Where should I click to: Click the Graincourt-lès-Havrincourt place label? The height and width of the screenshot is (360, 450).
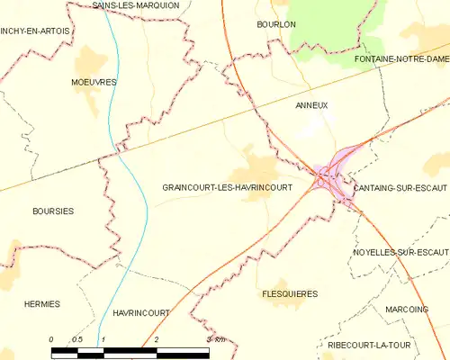pos(227,187)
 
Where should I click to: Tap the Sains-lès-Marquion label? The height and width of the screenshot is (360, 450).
pos(137,5)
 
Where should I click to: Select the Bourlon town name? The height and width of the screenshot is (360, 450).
pos(275,24)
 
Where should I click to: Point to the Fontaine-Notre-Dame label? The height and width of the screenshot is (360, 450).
pos(401,58)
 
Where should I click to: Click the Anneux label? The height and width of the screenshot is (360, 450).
pos(311,105)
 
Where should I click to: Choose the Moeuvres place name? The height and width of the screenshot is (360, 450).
pos(94,82)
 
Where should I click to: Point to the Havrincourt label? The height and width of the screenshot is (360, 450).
pos(142,312)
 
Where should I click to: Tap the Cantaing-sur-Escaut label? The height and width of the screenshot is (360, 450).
pos(400,187)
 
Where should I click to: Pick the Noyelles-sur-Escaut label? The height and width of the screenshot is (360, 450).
pos(400,252)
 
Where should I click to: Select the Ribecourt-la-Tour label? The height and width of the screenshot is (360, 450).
pos(405,344)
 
